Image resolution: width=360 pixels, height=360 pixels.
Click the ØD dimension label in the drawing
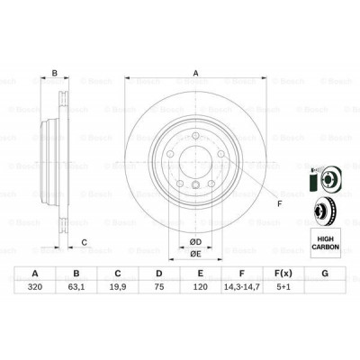tap(193, 240)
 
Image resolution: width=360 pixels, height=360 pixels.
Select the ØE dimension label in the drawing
tap(193, 254)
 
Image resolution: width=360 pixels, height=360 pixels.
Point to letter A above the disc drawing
tap(195, 75)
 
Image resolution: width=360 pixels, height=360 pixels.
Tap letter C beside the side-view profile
tap(84, 241)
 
